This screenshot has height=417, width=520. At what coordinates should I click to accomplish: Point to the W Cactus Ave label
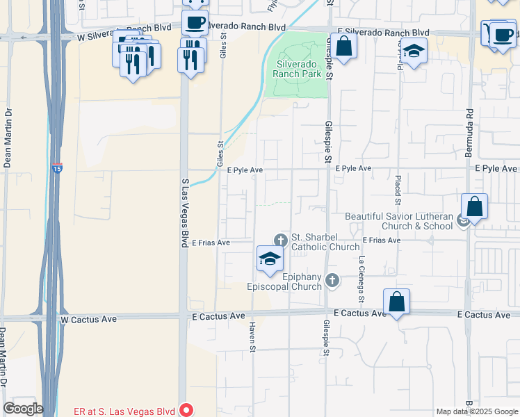tap(88, 318)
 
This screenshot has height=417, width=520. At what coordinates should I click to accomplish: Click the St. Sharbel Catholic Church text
tap(325, 242)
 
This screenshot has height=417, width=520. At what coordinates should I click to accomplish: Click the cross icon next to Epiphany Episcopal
tap(332, 280)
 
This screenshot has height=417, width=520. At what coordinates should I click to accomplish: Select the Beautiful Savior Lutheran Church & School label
tap(398, 221)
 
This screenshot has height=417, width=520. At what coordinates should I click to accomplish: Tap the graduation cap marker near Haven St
tap(270, 260)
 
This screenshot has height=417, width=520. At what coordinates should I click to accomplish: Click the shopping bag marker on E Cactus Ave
tap(396, 302)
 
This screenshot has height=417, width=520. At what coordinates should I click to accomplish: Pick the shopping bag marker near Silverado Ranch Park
tap(343, 47)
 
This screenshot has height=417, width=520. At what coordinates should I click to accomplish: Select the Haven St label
tap(253, 336)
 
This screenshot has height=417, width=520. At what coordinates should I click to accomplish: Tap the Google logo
tap(23, 409)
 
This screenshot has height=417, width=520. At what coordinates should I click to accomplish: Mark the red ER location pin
tap(186, 410)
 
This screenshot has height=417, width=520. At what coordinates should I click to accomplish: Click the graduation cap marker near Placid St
tap(414, 51)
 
